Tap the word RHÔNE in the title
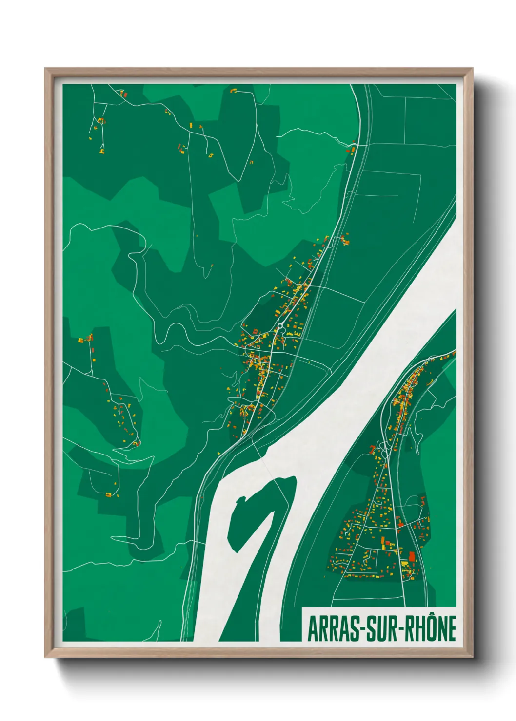click(430, 628)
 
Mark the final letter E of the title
click(452, 629)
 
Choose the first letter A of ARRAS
click(313, 629)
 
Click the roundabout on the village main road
click(281, 324)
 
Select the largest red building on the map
click(412, 556)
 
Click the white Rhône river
click(371, 351)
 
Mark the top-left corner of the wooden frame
click(45, 69)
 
